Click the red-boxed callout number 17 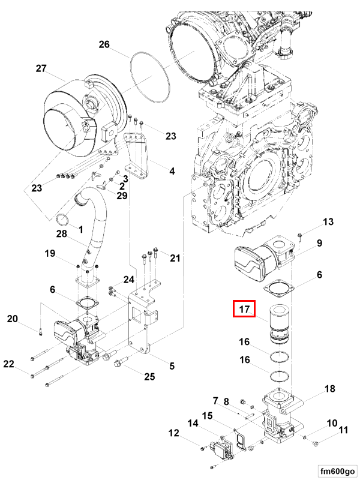pos(244,310)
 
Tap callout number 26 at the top pos(104,44)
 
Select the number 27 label pos(41,68)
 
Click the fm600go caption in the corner pos(336,470)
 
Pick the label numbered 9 pos(320,243)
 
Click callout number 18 pos(329,389)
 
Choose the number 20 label pos(13,319)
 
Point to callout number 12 pos(173,433)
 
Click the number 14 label pos(193,424)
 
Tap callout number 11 pos(343,430)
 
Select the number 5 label pos(172,366)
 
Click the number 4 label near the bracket pos(172,171)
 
